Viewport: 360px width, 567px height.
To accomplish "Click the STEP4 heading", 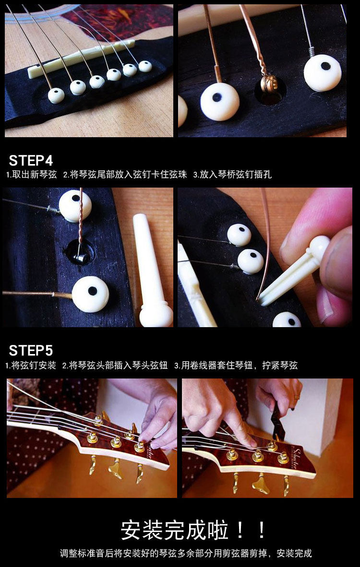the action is click(x=31, y=160).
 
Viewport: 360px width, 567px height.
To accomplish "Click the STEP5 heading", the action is click(x=31, y=350).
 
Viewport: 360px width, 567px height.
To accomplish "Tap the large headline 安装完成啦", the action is click(x=175, y=530).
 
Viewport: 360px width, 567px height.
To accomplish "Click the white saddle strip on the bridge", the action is click(x=82, y=58).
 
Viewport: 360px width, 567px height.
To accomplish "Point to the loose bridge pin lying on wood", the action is click(x=152, y=270).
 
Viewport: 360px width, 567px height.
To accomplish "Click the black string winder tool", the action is click(x=278, y=421).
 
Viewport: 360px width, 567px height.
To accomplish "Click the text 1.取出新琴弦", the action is click(x=32, y=175).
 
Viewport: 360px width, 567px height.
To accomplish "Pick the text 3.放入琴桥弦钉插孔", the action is click(x=232, y=175).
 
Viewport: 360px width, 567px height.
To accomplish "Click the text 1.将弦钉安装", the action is click(x=31, y=366).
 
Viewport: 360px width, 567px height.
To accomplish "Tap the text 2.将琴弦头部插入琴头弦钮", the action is click(x=115, y=366).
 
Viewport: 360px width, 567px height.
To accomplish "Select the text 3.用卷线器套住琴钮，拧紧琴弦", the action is click(x=236, y=366).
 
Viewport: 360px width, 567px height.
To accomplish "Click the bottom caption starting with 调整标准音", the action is click(x=186, y=553).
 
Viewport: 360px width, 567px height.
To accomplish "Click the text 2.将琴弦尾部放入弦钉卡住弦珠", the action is click(x=125, y=175).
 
